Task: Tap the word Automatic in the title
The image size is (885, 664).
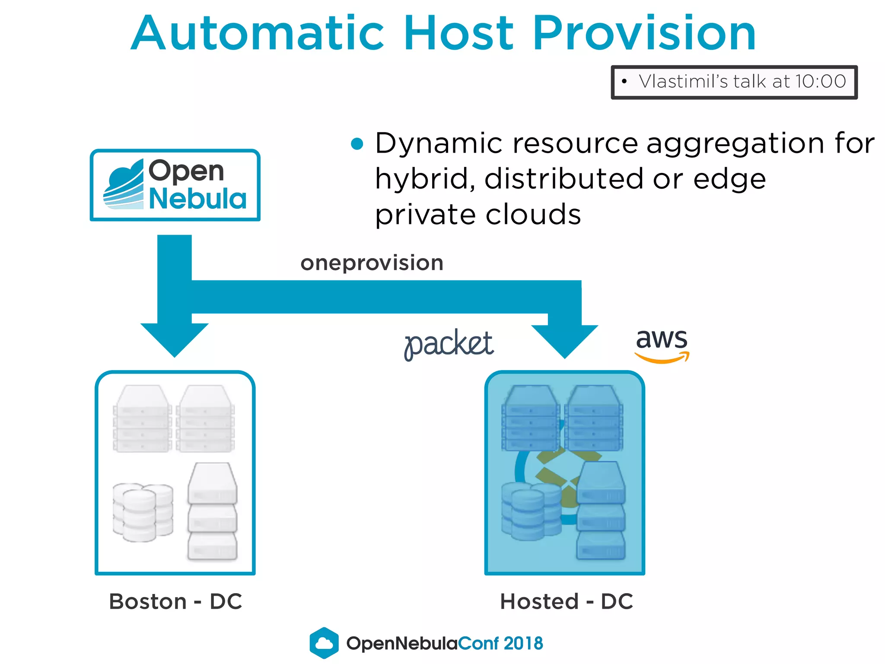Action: [x=257, y=34]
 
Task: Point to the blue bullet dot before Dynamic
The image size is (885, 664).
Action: [x=357, y=144]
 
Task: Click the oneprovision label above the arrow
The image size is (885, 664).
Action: [x=372, y=263]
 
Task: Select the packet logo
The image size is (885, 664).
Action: [x=449, y=345]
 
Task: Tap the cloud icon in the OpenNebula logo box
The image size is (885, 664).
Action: [x=124, y=185]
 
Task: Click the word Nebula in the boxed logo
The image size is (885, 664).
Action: [x=197, y=199]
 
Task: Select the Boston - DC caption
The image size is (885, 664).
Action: [x=175, y=601]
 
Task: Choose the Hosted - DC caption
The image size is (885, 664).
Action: [x=566, y=601]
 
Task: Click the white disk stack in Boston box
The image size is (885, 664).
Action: [x=142, y=512]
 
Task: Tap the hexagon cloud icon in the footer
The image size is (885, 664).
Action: [x=324, y=643]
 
